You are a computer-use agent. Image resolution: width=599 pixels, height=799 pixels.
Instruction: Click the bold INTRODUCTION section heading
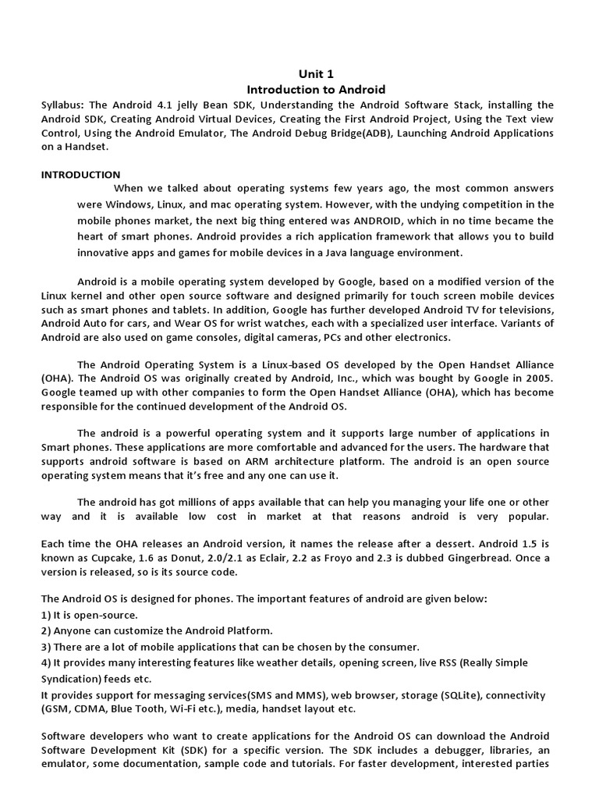80,175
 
